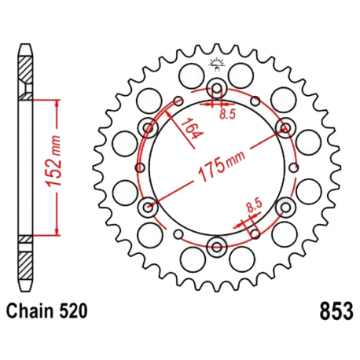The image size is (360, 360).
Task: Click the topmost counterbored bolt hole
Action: [x=218, y=87]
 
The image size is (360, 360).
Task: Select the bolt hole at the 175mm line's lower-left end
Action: [x=149, y=207]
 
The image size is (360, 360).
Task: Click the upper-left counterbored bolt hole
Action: [x=149, y=127]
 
